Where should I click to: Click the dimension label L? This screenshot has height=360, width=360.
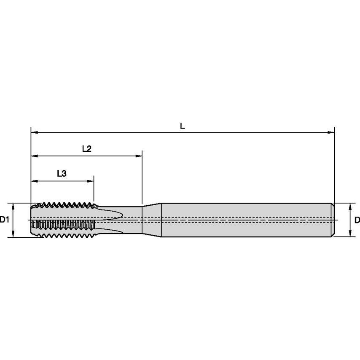click(x=182, y=126)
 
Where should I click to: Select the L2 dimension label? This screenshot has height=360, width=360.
click(x=87, y=149)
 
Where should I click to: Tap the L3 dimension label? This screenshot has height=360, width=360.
click(x=62, y=173)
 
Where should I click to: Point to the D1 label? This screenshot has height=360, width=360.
click(x=4, y=220)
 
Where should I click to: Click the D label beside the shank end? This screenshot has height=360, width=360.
click(x=357, y=220)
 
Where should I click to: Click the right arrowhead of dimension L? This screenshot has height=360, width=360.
click(x=331, y=133)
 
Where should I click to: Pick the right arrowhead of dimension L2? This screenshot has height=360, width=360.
click(x=139, y=156)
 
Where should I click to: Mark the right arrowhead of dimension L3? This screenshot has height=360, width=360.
click(x=91, y=181)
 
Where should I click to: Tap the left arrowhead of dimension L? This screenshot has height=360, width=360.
click(x=34, y=133)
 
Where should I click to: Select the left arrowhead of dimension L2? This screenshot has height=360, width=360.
click(x=34, y=156)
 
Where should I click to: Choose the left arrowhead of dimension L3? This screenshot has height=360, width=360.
click(x=34, y=181)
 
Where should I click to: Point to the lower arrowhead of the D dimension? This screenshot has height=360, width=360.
click(x=350, y=234)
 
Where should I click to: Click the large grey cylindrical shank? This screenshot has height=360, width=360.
click(x=244, y=220)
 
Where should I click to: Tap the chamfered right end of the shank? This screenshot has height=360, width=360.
click(x=333, y=220)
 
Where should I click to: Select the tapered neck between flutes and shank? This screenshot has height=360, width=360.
click(x=152, y=220)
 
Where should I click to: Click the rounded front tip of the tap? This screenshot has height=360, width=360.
click(x=32, y=220)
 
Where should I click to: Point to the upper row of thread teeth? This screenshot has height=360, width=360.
click(x=65, y=205)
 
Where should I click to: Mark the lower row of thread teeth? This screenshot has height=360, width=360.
click(x=65, y=234)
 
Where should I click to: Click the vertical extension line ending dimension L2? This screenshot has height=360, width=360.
click(x=142, y=177)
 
